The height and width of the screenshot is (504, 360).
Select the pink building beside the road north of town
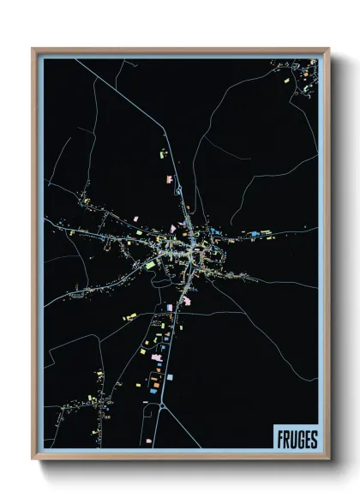click(x=170, y=179)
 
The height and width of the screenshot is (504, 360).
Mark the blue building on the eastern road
click(x=255, y=232)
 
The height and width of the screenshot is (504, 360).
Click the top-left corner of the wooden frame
click(x=33, y=50)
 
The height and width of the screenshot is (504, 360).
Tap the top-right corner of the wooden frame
click(x=328, y=50)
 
